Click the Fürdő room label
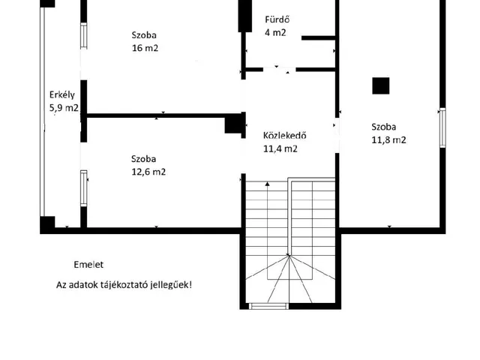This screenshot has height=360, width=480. [277, 19]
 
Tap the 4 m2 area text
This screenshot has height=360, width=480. [275, 32]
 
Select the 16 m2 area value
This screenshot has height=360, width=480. [145, 48]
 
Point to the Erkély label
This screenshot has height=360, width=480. [61, 95]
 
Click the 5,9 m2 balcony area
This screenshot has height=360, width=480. [64, 108]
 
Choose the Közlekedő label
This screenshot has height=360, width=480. [285, 135]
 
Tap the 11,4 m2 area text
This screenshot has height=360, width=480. [280, 148]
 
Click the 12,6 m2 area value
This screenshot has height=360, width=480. [148, 172]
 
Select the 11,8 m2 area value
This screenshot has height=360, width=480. [388, 140]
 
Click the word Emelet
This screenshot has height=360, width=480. [88, 265]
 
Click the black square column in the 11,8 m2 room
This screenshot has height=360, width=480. [381, 85]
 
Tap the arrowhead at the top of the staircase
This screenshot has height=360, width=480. [267, 184]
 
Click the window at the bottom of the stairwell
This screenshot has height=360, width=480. [268, 306]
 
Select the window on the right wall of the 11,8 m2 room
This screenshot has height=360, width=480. [442, 127]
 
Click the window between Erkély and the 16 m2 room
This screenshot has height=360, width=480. [83, 36]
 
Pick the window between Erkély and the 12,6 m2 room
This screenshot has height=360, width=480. [83, 188]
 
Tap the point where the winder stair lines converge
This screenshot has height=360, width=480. [289, 255]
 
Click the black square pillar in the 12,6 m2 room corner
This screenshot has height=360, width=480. [233, 123]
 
